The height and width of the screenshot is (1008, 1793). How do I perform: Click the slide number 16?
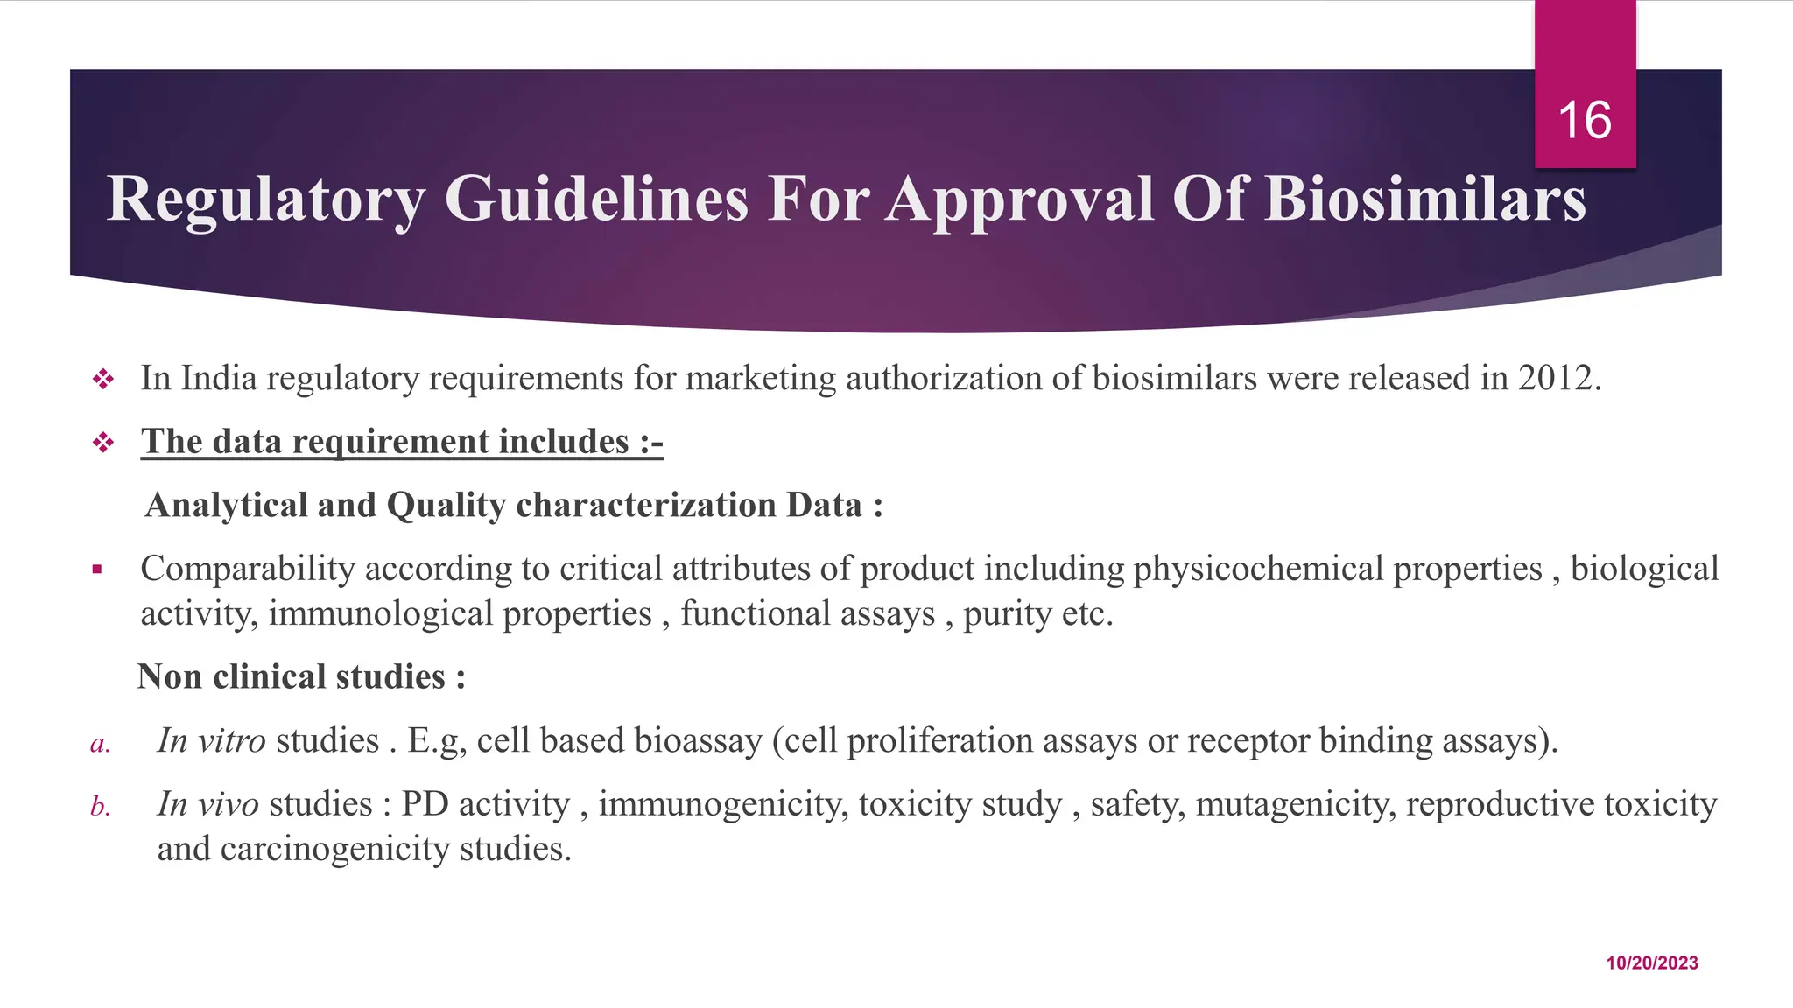pyautogui.click(x=1585, y=120)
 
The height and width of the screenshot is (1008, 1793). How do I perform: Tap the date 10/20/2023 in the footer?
pyautogui.click(x=1652, y=962)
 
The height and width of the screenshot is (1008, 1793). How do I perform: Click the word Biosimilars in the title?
pyautogui.click(x=1425, y=199)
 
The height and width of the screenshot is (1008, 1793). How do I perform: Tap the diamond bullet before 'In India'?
pyautogui.click(x=103, y=380)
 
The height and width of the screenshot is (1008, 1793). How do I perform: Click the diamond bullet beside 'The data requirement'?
pyautogui.click(x=103, y=443)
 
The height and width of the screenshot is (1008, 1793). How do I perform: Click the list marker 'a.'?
pyautogui.click(x=100, y=744)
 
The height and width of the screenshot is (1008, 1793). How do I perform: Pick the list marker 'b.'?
pyautogui.click(x=100, y=806)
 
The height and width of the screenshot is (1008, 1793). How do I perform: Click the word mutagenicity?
pyautogui.click(x=1295, y=804)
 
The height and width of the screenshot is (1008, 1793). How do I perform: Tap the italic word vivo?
pyautogui.click(x=229, y=804)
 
